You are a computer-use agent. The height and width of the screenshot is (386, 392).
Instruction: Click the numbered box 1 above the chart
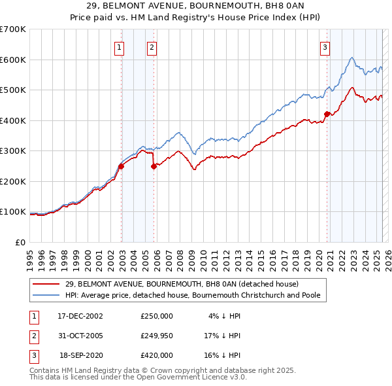(120, 46)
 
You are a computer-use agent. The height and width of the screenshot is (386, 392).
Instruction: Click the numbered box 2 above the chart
(152, 46)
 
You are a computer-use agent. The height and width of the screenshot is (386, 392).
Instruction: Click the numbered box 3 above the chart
(325, 46)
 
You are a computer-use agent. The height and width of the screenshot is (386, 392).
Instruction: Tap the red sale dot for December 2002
(121, 166)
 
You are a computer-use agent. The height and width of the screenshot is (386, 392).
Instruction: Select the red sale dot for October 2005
(154, 166)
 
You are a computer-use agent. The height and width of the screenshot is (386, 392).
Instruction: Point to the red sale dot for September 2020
(327, 114)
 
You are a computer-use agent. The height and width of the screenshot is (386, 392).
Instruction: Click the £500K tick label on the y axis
(13, 90)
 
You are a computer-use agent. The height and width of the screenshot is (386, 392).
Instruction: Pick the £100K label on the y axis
(13, 212)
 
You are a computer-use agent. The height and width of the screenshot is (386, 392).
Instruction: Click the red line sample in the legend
(45, 284)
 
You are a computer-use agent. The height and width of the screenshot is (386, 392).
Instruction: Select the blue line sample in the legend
(45, 295)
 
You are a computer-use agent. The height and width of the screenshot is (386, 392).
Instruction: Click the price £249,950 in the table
(156, 336)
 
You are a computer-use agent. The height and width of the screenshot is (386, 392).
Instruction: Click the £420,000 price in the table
(156, 355)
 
